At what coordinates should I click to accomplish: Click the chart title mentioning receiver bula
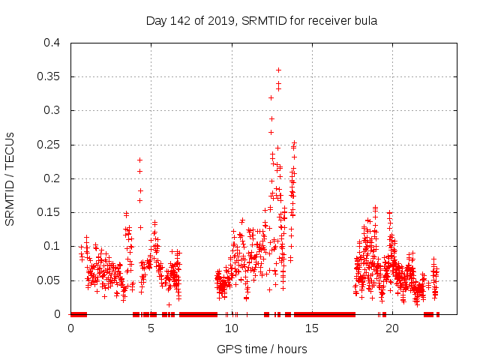pyautogui.click(x=261, y=20)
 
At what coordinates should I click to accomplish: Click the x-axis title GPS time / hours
pyautogui.click(x=262, y=349)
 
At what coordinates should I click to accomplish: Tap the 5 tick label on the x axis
pyautogui.click(x=151, y=328)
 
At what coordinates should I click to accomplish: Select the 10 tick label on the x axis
pyautogui.click(x=232, y=328)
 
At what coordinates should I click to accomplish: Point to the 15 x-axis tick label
pyautogui.click(x=312, y=328)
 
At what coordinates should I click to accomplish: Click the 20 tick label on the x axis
pyautogui.click(x=392, y=328)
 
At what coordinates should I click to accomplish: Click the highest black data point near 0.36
pyautogui.click(x=278, y=70)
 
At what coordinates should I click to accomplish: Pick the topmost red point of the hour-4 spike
pyautogui.click(x=139, y=160)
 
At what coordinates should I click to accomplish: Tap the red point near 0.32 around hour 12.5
pyautogui.click(x=271, y=97)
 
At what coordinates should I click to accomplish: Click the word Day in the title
pyautogui.click(x=155, y=20)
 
